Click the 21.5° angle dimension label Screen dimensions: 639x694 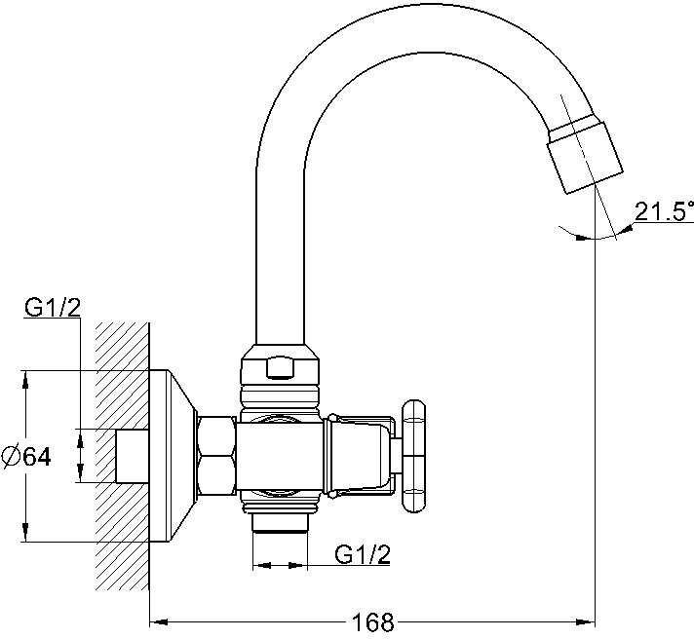click(664, 210)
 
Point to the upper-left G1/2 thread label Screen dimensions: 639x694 click(52, 308)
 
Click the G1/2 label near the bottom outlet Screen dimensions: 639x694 click(362, 554)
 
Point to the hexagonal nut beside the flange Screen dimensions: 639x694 click(215, 456)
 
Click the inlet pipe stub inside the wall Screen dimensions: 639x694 click(132, 456)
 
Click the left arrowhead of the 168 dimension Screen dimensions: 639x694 click(156, 620)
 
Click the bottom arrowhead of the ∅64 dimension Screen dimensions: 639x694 click(25, 535)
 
